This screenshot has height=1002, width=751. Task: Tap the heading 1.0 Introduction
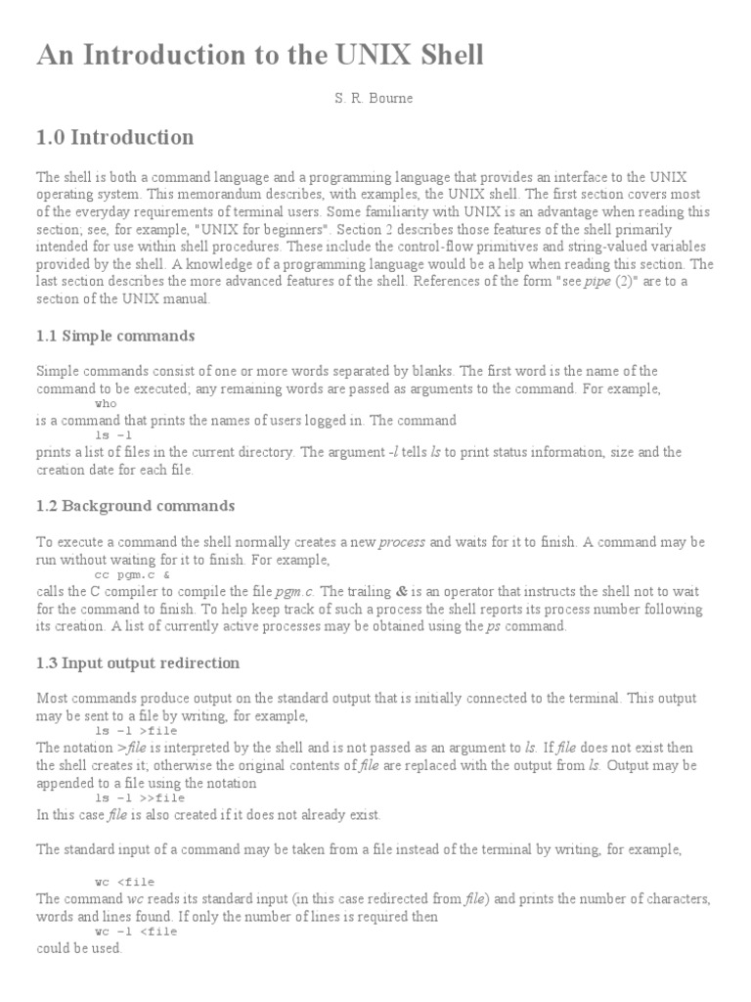tap(114, 137)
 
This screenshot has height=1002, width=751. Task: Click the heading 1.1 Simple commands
tap(115, 336)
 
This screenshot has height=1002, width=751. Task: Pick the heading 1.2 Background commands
tap(135, 506)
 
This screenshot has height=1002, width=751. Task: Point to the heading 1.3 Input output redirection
tap(138, 662)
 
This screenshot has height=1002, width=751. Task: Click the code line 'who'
tap(105, 403)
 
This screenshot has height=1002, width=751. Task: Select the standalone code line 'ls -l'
tap(112, 435)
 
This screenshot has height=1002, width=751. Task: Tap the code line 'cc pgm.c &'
tap(132, 575)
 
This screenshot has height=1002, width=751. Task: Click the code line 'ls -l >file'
tap(136, 731)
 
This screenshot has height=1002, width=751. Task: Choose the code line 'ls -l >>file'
tap(140, 797)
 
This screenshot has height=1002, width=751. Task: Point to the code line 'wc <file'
tap(124, 882)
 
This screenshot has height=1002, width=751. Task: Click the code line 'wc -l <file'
tap(136, 932)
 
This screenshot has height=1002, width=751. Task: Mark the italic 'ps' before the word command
tap(494, 626)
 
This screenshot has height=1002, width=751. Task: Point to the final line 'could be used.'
tap(79, 948)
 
